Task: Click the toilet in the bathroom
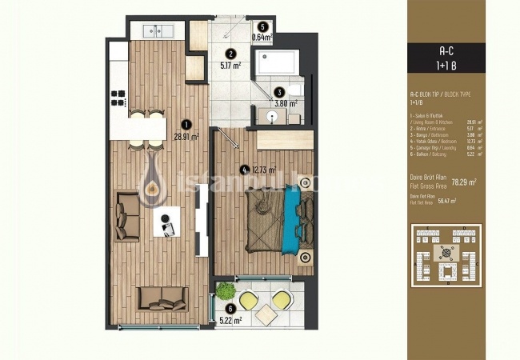(x=293, y=88)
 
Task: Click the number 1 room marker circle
(x=186, y=124)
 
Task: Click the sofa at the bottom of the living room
(x=162, y=298)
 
